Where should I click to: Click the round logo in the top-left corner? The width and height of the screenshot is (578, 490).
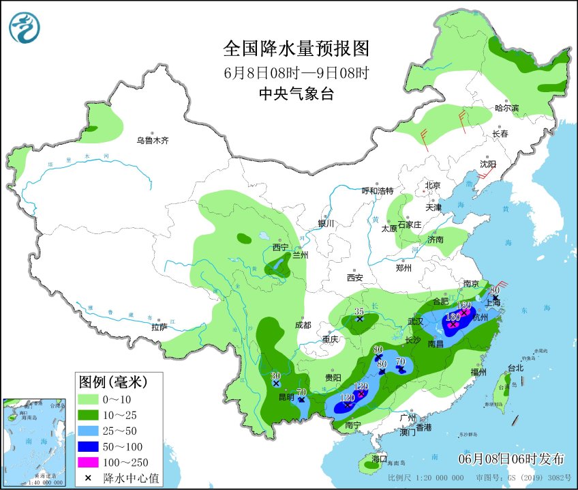tap(25, 27)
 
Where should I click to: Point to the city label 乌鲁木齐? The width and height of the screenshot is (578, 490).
tap(151, 141)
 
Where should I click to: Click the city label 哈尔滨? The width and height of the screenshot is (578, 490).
tap(506, 108)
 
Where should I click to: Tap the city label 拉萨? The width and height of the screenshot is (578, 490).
tap(159, 327)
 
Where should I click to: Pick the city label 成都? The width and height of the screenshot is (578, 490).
tap(303, 325)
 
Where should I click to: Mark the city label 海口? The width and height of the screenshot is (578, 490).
tap(380, 457)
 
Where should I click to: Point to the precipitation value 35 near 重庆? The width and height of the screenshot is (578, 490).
tap(359, 311)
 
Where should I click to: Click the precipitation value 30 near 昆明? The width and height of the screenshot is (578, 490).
tap(275, 376)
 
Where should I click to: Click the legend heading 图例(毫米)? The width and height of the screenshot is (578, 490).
tap(112, 380)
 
